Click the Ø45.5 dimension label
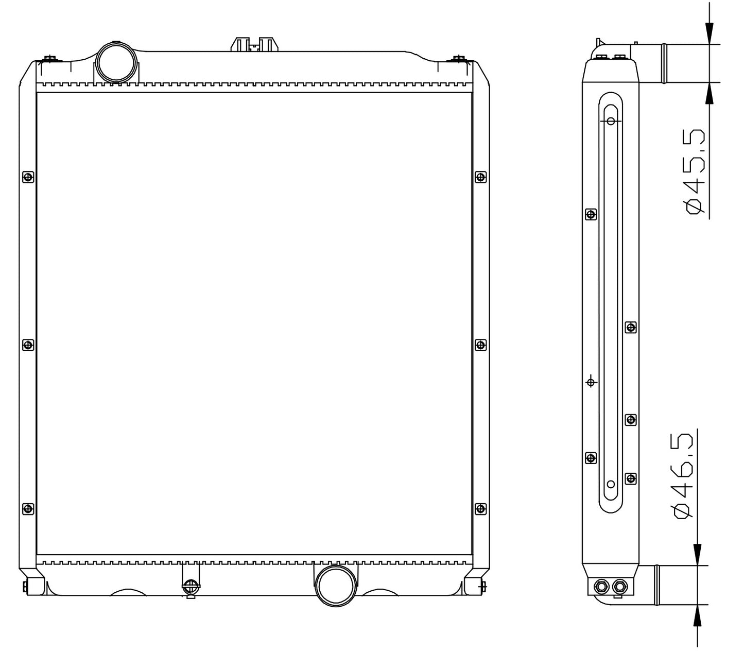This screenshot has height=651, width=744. point(695,172)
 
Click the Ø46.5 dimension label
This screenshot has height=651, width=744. point(684,476)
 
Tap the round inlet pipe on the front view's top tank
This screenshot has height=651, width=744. point(116,62)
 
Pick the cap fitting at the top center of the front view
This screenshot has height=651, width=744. point(255,44)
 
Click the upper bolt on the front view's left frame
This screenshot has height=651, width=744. point(28,177)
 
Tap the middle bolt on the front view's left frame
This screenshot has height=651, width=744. point(28,345)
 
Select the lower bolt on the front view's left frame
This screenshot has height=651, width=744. point(28,509)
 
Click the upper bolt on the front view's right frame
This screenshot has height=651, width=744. point(480,177)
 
